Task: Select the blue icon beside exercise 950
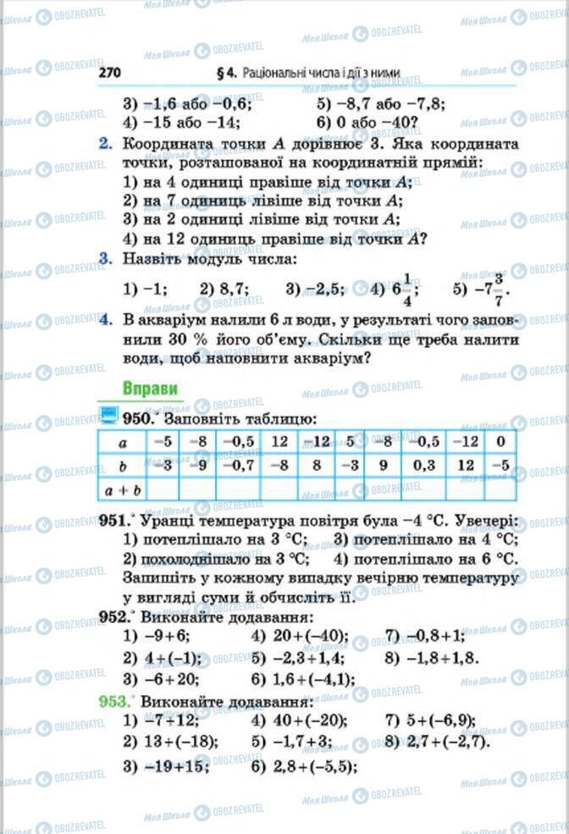108,416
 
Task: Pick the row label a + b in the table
121,489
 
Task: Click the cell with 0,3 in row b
423,465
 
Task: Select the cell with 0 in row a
501,441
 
